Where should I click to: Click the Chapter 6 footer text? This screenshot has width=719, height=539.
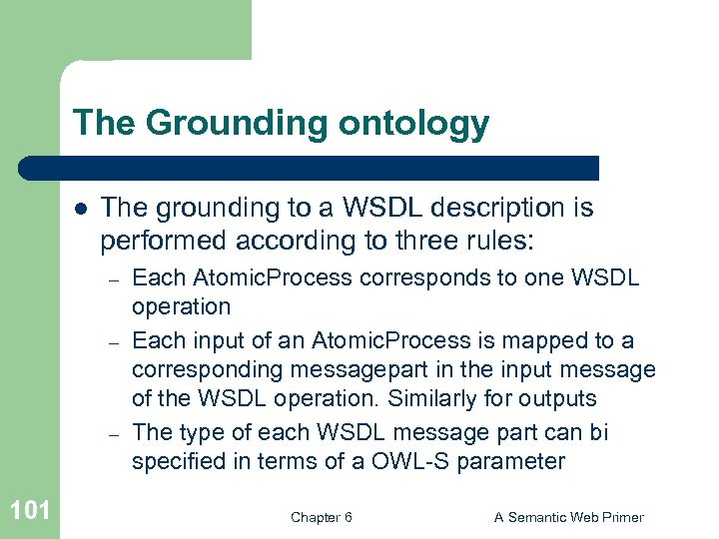pyautogui.click(x=321, y=517)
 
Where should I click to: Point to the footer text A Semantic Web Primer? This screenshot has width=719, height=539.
pyautogui.click(x=569, y=517)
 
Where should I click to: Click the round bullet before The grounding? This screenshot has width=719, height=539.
pyautogui.click(x=79, y=209)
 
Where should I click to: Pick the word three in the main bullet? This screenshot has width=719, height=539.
pyautogui.click(x=398, y=241)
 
